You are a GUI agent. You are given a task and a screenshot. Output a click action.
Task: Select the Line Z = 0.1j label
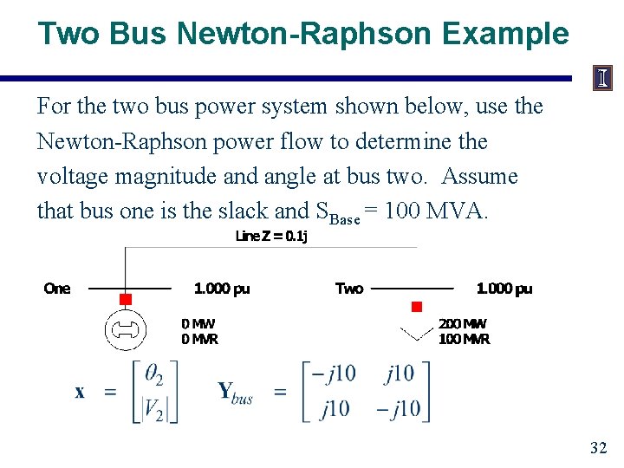pos(271,237)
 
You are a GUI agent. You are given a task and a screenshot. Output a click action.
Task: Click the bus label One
pos(57,289)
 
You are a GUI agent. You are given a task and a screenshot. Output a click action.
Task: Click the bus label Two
pos(349,289)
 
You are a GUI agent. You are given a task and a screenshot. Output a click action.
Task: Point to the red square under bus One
pos(125,300)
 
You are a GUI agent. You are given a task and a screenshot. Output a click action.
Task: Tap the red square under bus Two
pos(416,307)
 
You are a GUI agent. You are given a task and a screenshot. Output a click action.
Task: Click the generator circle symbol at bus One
pos(125,328)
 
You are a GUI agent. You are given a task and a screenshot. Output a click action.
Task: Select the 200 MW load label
pos(463,324)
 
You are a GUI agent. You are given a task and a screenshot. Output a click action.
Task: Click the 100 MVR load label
pos(465,339)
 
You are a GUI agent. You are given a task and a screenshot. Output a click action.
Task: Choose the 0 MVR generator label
pos(199,339)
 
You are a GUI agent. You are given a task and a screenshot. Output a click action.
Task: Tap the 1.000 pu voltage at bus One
pos(222,289)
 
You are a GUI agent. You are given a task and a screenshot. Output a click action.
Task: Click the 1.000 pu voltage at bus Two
pos(504,289)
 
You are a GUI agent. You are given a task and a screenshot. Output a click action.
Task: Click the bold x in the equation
pos(80,392)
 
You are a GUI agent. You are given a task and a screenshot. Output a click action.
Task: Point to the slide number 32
pos(598,448)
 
